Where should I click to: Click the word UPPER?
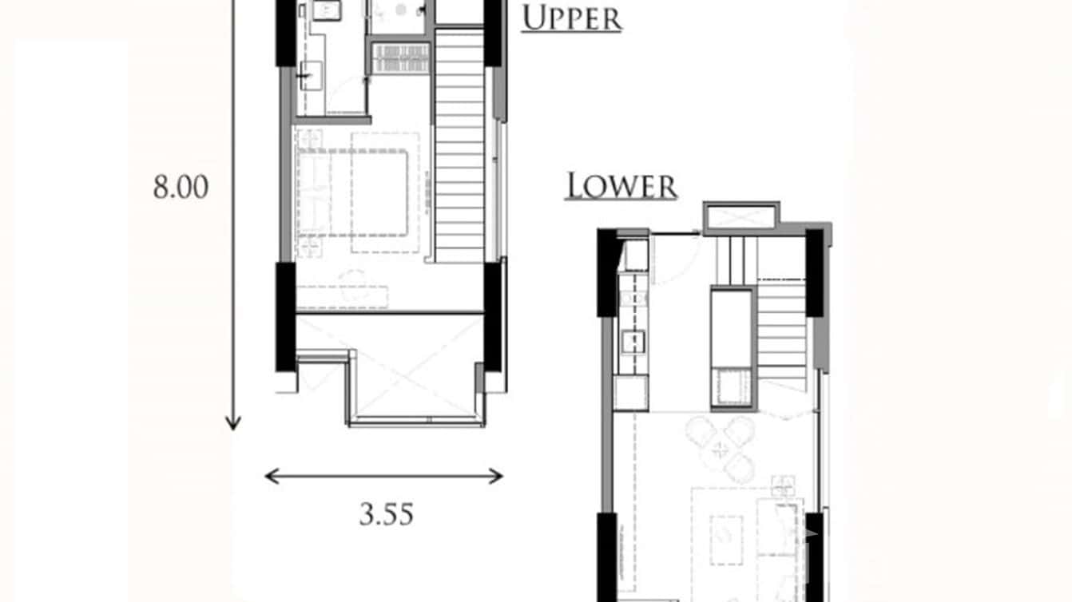pyautogui.click(x=571, y=18)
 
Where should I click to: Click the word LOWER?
pyautogui.click(x=621, y=186)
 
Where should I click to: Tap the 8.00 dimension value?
pyautogui.click(x=181, y=188)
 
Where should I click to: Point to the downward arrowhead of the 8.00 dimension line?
pyautogui.click(x=232, y=423)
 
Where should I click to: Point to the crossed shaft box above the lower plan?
pyautogui.click(x=740, y=217)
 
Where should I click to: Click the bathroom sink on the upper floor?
pyautogui.click(x=327, y=10)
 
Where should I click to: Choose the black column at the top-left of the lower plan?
pyautogui.click(x=608, y=271)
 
